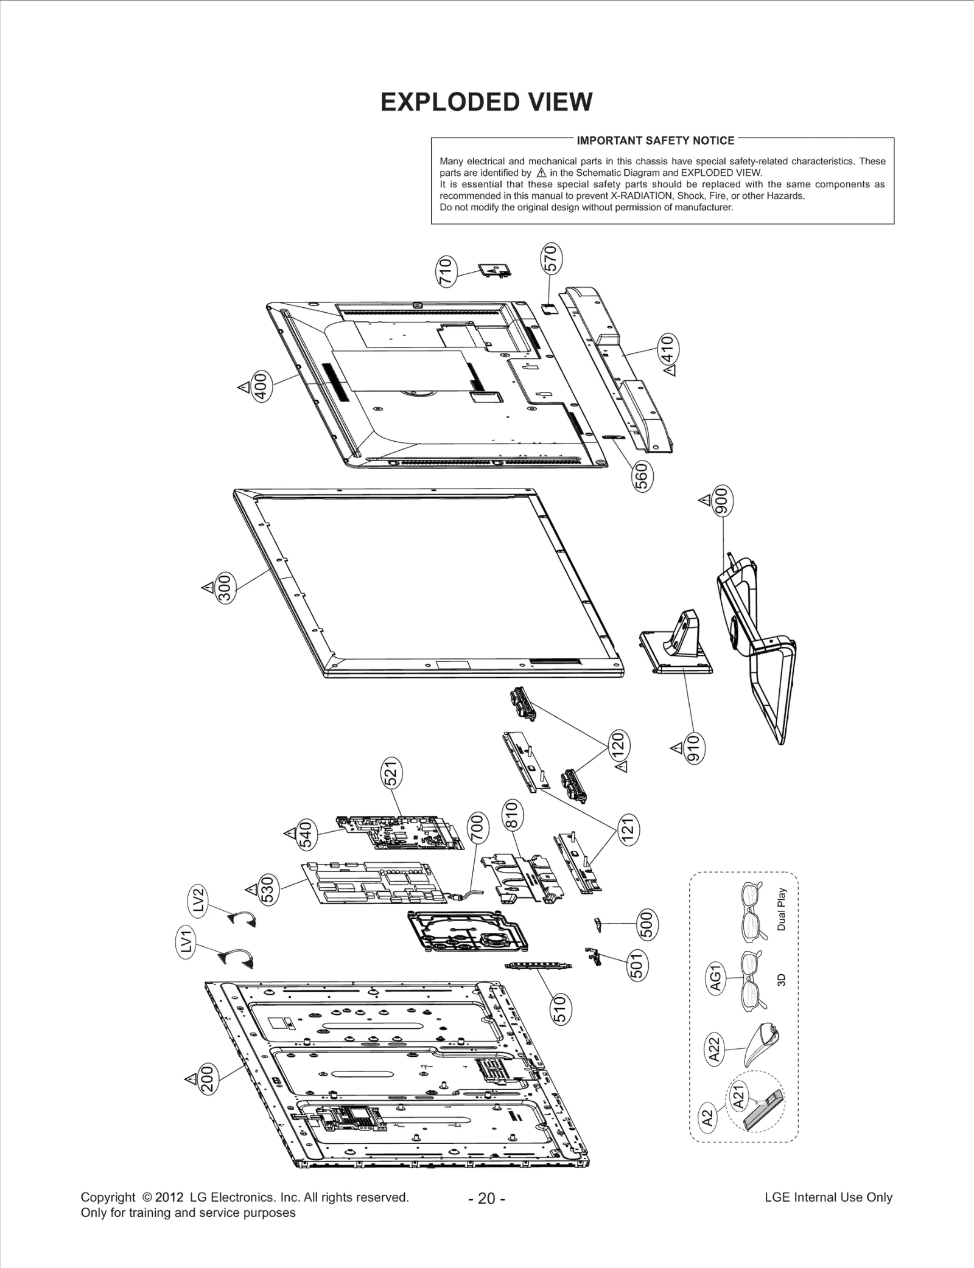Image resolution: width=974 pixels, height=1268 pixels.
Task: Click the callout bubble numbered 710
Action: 446,273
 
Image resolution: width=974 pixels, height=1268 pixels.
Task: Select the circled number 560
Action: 643,476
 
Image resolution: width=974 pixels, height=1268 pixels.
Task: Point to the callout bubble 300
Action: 226,588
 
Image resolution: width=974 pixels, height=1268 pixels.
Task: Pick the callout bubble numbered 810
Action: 511,816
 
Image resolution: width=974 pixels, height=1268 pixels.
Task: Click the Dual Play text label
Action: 782,909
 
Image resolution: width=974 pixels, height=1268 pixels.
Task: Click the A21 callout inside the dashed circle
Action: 738,1096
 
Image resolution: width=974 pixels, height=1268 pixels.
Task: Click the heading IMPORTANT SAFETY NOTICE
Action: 655,141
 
